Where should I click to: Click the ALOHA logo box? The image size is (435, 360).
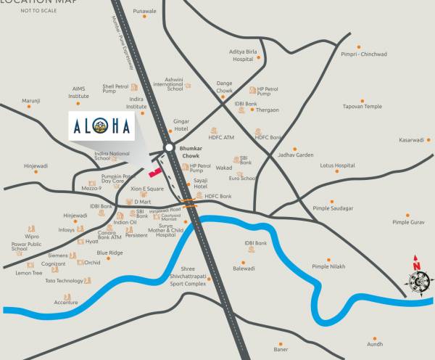(x=101, y=126)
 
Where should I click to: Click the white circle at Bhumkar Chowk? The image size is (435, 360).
(x=169, y=147)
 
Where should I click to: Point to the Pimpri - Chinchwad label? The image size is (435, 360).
(x=364, y=54)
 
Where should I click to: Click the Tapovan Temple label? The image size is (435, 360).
(x=362, y=107)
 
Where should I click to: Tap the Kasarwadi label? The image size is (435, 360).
(x=411, y=140)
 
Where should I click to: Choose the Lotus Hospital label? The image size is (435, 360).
(x=337, y=165)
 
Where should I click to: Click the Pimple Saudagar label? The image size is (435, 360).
(x=333, y=208)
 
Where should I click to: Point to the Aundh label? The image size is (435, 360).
(x=375, y=345)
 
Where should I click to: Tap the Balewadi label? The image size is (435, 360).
(x=244, y=269)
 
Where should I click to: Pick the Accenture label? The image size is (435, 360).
(x=66, y=303)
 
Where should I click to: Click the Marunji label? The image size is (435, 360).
(x=30, y=101)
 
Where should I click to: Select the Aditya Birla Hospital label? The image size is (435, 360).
(x=243, y=56)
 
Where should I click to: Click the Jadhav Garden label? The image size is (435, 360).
(x=296, y=155)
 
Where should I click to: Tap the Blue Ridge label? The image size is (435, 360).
(x=110, y=253)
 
